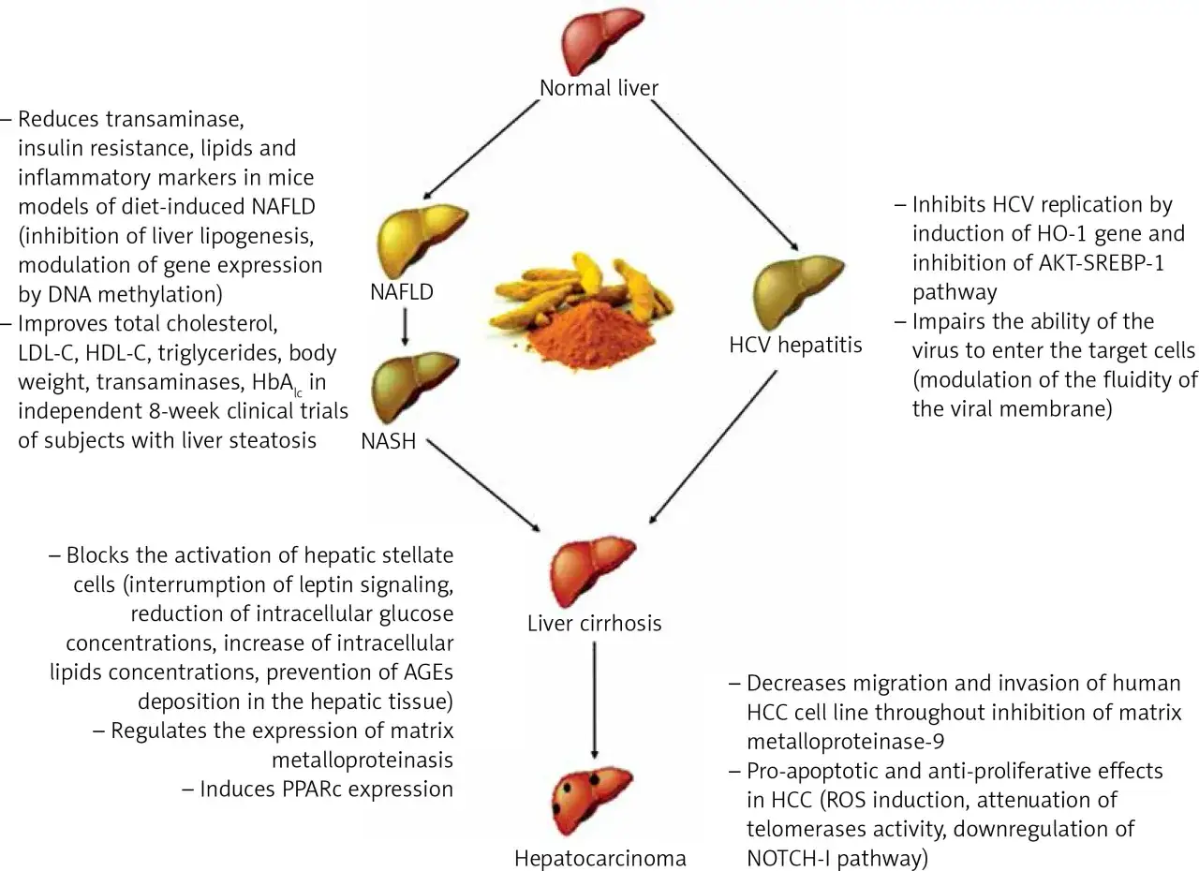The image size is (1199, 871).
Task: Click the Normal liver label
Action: (x=599, y=88)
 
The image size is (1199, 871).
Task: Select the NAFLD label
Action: (x=402, y=292)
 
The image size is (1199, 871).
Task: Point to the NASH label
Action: (x=389, y=441)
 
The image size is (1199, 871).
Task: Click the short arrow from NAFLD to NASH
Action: (x=405, y=326)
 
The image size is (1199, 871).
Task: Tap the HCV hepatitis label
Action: (x=795, y=345)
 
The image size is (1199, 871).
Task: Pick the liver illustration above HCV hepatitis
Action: (x=798, y=292)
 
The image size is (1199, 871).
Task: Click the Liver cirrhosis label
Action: (x=594, y=624)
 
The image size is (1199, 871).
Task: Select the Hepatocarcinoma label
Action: (x=600, y=858)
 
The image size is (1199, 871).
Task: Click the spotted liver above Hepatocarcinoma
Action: (x=592, y=801)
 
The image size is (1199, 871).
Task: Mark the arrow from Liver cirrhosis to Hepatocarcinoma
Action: (x=594, y=700)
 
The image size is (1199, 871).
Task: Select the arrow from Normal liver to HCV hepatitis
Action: (x=725, y=175)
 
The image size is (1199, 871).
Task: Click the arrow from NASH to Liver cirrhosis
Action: (x=483, y=486)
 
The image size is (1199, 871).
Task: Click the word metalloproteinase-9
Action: (x=845, y=742)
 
